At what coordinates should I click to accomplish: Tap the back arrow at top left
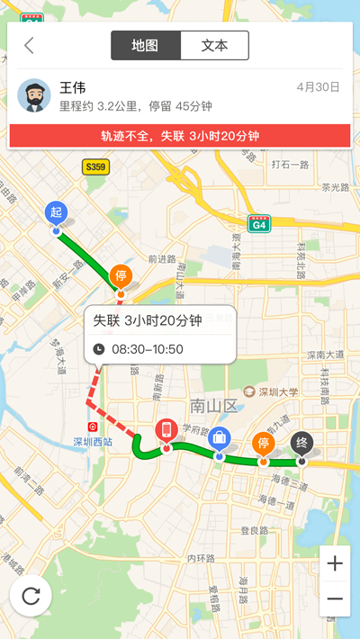(30, 46)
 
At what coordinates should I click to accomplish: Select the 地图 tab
(146, 45)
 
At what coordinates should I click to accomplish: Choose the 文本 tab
(214, 45)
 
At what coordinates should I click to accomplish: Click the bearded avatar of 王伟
(34, 95)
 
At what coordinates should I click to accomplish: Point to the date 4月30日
(318, 87)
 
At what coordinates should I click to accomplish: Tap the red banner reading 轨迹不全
(180, 136)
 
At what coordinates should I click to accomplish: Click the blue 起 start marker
(56, 213)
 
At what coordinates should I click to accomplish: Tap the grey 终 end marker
(301, 443)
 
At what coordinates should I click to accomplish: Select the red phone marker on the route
(165, 430)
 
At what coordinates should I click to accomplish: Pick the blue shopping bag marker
(219, 438)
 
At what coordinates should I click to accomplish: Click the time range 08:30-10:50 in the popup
(148, 349)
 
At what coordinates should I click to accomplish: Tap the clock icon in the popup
(99, 349)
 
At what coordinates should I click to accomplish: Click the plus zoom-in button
(335, 564)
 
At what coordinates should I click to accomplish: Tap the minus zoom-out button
(335, 598)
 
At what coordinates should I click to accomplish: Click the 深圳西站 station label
(92, 441)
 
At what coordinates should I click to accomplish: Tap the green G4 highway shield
(259, 224)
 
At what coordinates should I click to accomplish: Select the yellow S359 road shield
(94, 166)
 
